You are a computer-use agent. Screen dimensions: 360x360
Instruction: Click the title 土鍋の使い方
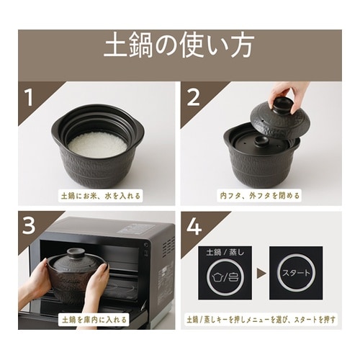point(179,48)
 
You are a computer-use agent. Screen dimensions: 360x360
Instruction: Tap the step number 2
point(192,97)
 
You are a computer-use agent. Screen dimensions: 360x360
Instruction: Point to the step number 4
point(192,228)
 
